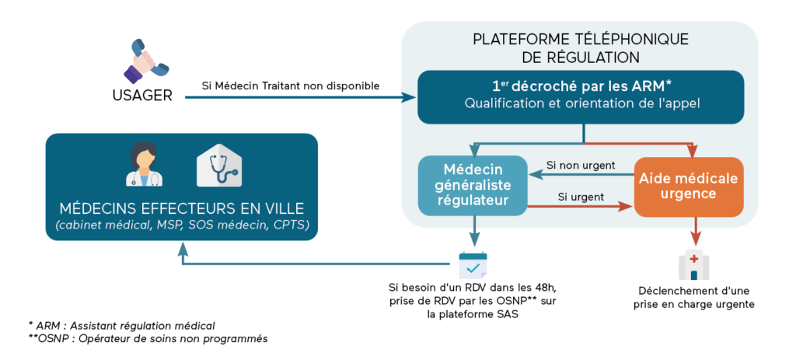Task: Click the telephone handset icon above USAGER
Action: [145, 61]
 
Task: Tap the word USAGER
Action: [142, 95]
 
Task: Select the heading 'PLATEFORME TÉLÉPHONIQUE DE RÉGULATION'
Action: [580, 48]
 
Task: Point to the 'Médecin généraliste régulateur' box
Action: [473, 185]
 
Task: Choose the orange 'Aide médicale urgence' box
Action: [689, 186]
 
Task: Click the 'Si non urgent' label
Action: [580, 165]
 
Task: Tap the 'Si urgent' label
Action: [580, 197]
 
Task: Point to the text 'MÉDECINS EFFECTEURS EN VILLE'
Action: [182, 208]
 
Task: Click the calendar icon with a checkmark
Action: [473, 265]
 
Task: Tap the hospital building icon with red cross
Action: [694, 264]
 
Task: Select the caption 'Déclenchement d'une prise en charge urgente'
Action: [693, 298]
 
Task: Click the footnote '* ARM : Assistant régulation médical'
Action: [122, 325]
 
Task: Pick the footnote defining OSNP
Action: [148, 338]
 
